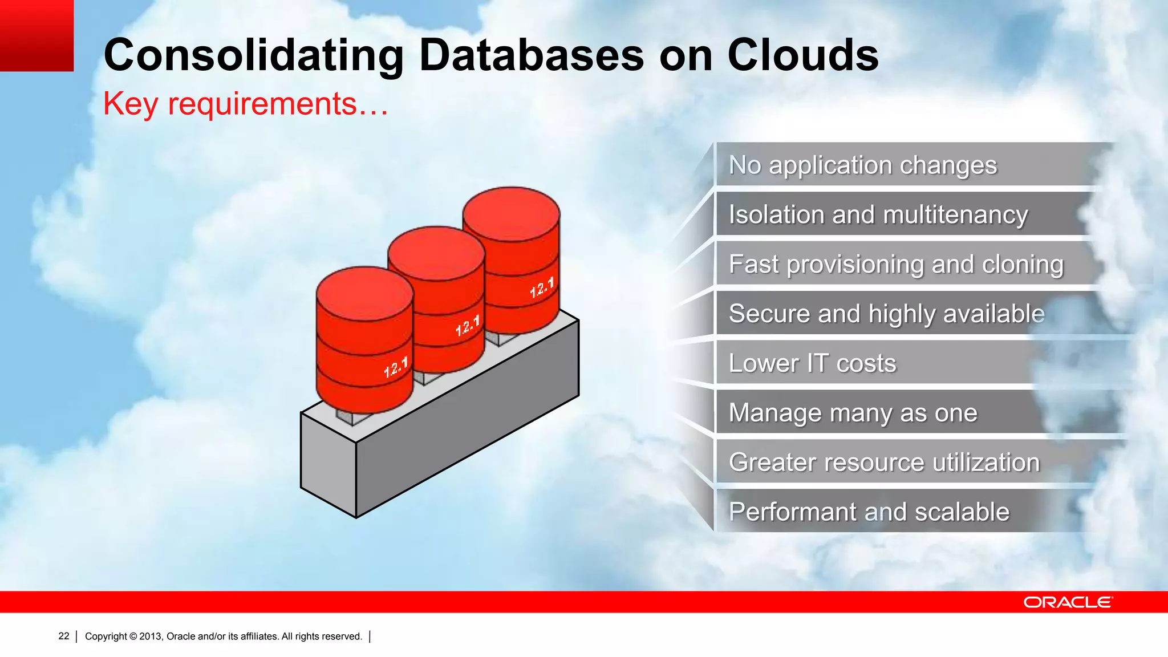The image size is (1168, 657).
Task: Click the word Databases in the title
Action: point(531,55)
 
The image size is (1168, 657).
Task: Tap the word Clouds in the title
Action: point(803,55)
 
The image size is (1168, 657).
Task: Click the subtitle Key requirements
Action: point(245,104)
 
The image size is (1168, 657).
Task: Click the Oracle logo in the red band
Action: point(1067,602)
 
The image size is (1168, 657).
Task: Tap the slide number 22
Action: point(64,636)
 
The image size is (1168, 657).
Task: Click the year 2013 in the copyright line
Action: point(151,636)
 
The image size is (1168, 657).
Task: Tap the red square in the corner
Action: point(36,35)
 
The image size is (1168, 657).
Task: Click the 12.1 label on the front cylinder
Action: point(396,367)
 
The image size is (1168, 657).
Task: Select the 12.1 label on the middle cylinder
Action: point(468,326)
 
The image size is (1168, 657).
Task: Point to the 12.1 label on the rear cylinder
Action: point(542,287)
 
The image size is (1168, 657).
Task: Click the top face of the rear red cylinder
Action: point(511,213)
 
